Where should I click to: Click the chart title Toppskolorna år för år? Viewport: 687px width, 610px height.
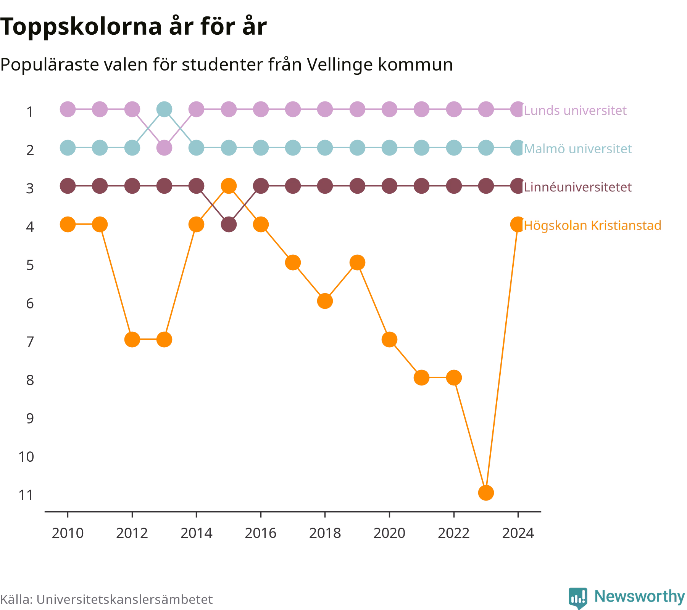(x=133, y=27)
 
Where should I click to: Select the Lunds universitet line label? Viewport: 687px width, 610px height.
(x=575, y=111)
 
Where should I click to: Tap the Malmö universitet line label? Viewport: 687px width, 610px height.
(x=578, y=149)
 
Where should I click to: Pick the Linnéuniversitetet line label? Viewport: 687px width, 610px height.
(x=578, y=187)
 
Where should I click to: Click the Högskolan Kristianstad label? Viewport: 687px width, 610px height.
(x=593, y=225)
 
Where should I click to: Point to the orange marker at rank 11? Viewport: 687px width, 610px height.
(x=486, y=493)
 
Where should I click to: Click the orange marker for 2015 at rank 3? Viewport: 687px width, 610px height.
(x=229, y=186)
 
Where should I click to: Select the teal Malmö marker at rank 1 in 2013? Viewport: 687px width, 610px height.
(x=164, y=109)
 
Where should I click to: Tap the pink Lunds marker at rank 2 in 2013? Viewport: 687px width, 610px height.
(x=164, y=148)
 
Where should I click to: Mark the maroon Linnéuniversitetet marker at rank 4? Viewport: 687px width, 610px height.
(x=229, y=225)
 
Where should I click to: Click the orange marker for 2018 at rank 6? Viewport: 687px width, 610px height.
(x=325, y=301)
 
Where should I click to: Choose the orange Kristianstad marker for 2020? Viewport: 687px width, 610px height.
(x=389, y=339)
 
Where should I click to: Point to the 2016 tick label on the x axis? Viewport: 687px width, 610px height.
(x=261, y=533)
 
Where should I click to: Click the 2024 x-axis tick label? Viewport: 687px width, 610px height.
(x=518, y=533)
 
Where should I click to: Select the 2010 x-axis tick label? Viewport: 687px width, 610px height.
(x=68, y=533)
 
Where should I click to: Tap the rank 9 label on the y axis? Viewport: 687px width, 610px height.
(x=30, y=419)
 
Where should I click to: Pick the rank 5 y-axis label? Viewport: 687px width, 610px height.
(x=30, y=265)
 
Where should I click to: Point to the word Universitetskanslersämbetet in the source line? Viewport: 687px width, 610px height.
(x=124, y=599)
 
